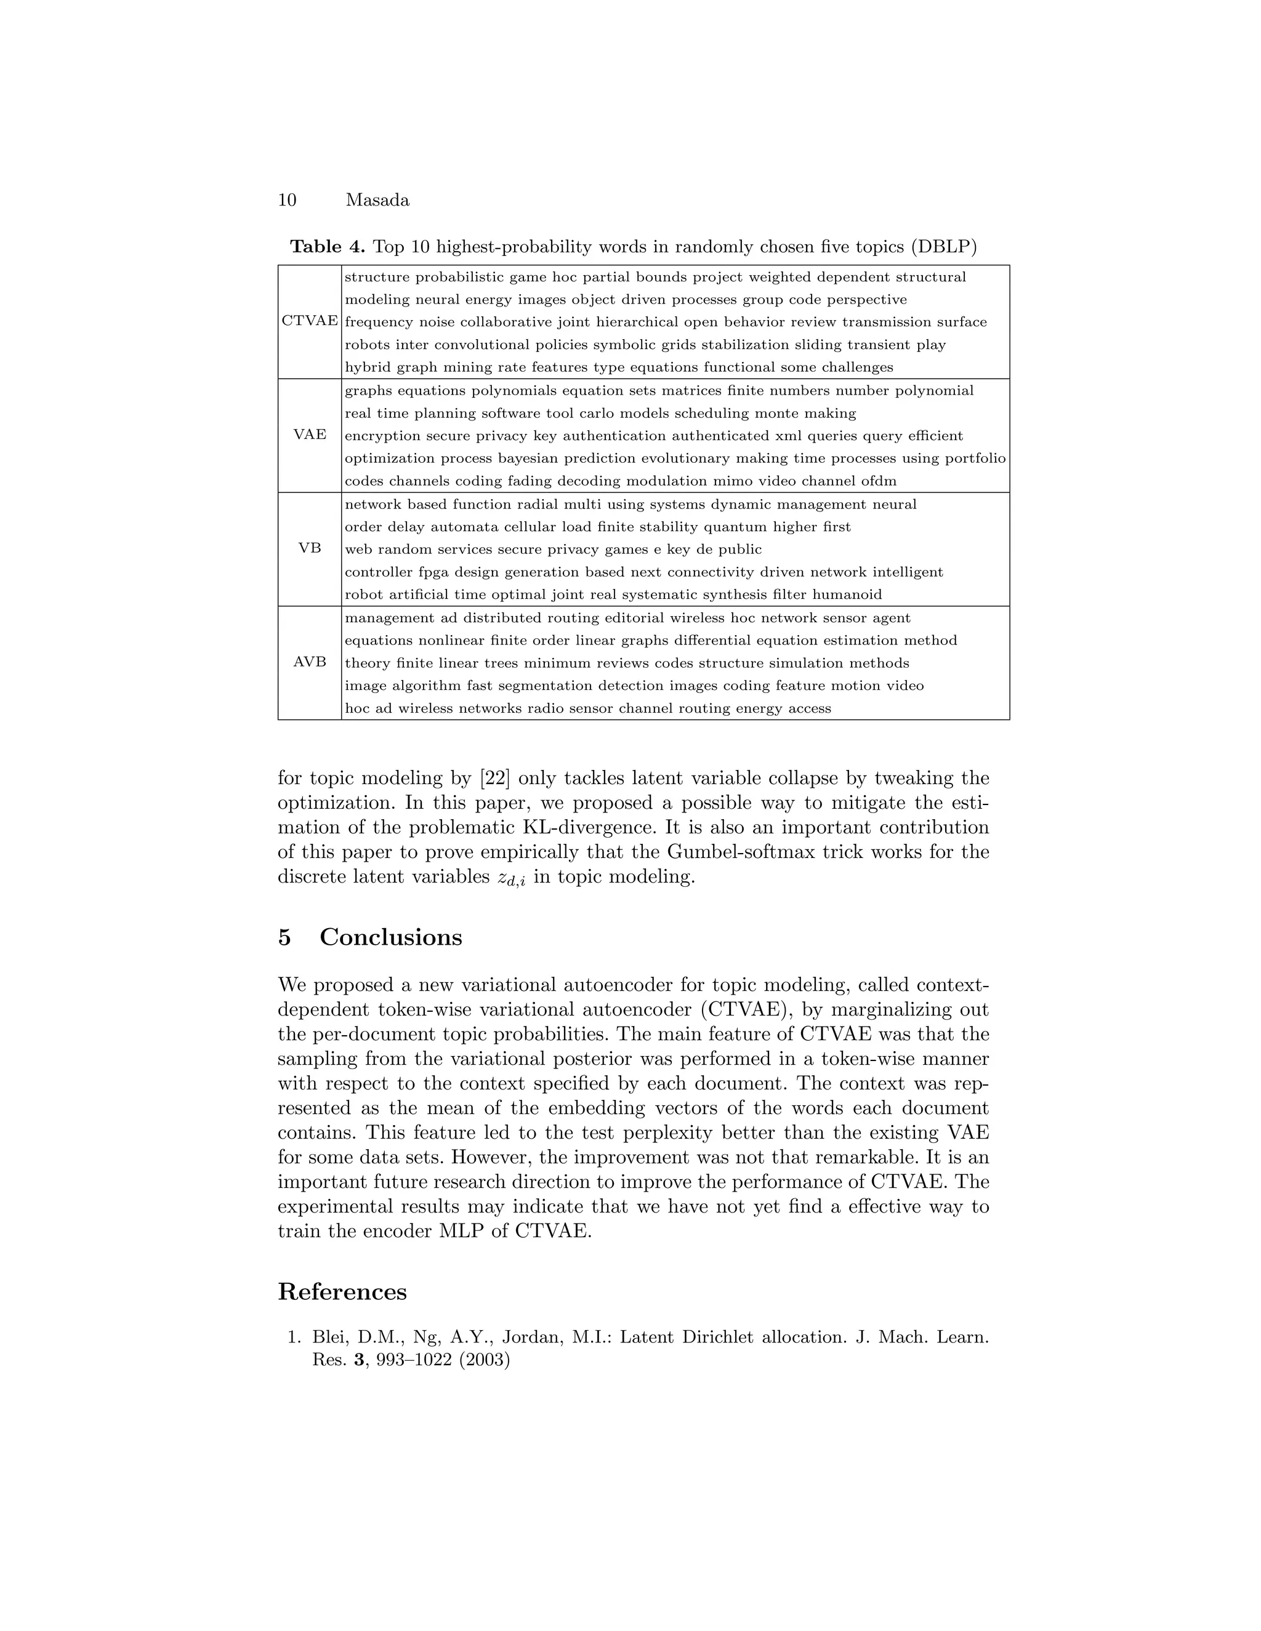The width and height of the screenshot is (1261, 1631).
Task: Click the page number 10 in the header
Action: coord(287,200)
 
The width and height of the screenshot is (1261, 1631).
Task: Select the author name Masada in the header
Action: coord(377,200)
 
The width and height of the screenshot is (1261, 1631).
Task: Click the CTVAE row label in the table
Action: coord(309,321)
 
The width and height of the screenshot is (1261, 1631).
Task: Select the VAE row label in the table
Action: coord(309,435)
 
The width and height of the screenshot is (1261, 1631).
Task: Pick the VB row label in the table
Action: coord(309,548)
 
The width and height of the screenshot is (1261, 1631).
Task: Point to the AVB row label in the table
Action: coord(309,662)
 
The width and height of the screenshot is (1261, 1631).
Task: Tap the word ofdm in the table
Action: coord(879,481)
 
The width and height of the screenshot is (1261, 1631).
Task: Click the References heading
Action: coord(342,1291)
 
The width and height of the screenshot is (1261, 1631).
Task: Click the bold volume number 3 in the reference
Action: coord(358,1360)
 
